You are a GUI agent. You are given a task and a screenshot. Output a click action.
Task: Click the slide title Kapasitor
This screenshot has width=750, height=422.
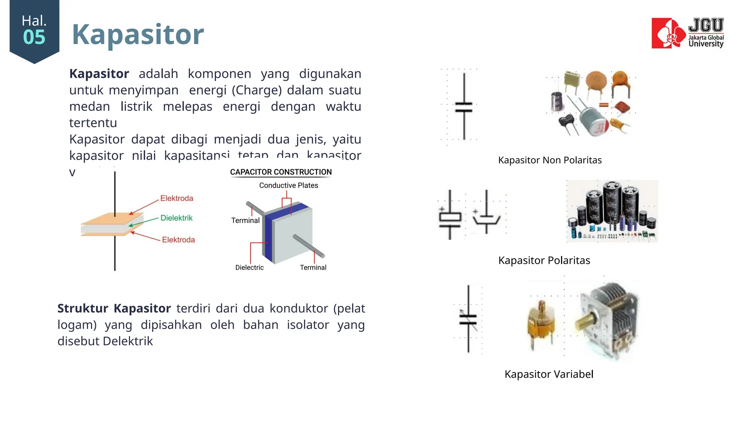point(138,34)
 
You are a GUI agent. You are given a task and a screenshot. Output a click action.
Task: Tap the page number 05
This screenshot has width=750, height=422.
point(34,37)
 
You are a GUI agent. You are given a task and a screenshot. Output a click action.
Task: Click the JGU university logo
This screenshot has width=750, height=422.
point(687,33)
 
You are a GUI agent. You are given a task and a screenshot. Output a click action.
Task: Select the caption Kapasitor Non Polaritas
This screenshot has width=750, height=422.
point(550,160)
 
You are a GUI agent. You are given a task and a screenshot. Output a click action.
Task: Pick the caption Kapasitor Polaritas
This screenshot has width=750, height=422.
point(544,260)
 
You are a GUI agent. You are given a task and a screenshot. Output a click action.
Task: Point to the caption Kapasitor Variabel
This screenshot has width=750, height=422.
point(549,374)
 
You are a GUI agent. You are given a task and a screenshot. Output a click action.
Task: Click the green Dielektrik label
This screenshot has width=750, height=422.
point(177,218)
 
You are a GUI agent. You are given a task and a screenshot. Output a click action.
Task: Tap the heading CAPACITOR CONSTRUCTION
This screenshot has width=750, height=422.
point(281,172)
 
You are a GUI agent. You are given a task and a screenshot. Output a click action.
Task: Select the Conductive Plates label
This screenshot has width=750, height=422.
point(289,185)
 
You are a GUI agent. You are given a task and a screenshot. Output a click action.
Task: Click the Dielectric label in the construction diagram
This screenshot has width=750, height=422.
point(249,267)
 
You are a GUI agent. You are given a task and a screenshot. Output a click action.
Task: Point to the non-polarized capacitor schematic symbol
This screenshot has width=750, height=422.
point(464,107)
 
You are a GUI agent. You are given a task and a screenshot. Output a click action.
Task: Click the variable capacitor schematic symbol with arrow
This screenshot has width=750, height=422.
point(468,319)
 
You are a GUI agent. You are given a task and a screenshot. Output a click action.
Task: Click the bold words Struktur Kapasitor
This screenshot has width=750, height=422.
point(114,308)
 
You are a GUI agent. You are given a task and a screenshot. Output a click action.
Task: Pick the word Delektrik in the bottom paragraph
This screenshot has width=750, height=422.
point(128,341)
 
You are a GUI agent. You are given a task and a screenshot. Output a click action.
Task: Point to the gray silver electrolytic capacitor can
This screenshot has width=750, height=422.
point(594,121)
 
